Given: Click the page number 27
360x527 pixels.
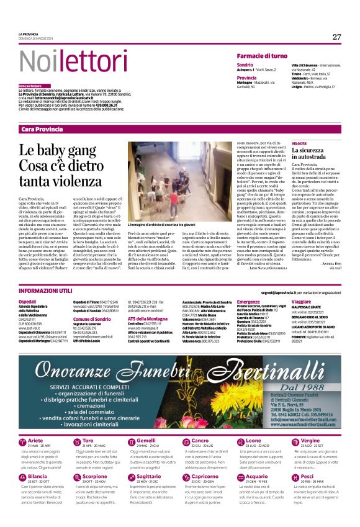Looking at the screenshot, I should pos(336,37).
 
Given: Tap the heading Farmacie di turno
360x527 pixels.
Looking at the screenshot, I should pos(262,56).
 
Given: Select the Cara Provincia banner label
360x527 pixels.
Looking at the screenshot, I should pos(42,129).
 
